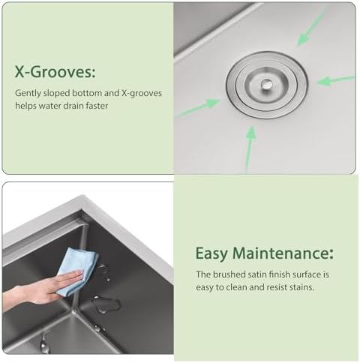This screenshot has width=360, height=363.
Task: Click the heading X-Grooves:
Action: [x=55, y=72]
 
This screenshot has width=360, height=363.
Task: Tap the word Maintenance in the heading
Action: [x=283, y=253]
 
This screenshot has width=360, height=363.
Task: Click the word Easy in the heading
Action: [x=211, y=254]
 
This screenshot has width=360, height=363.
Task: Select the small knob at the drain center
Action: [x=267, y=85]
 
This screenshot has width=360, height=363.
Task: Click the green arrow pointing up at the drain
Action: [x=250, y=148]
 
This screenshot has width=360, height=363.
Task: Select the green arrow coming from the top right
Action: [x=312, y=28]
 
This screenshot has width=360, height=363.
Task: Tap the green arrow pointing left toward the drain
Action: [x=335, y=80]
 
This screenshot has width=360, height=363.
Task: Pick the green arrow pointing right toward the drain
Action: [x=199, y=108]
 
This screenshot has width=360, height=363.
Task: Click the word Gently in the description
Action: [x=28, y=94]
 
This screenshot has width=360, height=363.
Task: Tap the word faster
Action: [x=97, y=106]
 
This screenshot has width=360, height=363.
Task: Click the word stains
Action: [x=301, y=287]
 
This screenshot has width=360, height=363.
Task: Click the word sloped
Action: [x=56, y=94]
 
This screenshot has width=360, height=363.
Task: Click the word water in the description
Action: [x=49, y=106]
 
